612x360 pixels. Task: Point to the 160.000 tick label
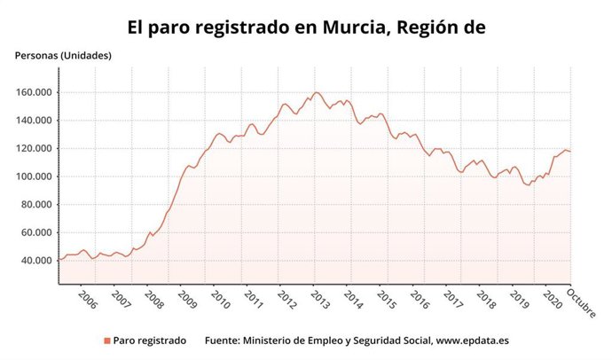tap(32, 92)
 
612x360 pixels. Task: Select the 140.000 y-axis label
tap(32, 121)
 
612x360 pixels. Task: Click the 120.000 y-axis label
tap(32, 148)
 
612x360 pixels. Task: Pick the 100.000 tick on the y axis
tap(32, 176)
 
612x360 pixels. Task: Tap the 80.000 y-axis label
tap(35, 204)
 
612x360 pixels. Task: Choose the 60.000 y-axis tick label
tap(35, 232)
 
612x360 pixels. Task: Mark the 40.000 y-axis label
tap(35, 261)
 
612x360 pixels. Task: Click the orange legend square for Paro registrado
tap(107, 340)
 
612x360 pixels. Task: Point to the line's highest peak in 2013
tap(317, 92)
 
